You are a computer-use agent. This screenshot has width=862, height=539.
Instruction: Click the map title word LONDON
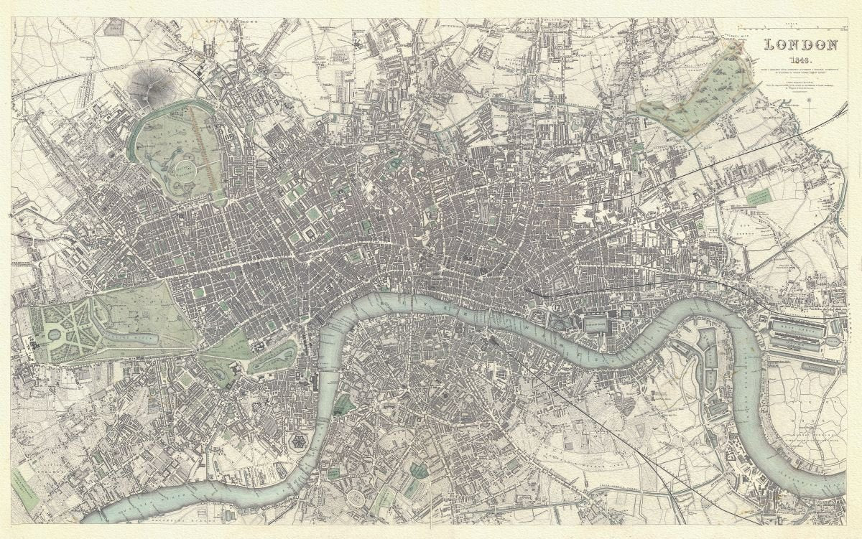(x=801, y=45)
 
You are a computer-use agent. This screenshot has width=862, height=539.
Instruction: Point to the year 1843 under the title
(x=801, y=60)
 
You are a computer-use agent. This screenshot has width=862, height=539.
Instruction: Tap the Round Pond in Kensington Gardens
(x=55, y=334)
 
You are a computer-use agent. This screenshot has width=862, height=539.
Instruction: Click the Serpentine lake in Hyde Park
(x=133, y=336)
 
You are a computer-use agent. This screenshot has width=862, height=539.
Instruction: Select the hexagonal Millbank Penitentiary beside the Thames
(x=296, y=442)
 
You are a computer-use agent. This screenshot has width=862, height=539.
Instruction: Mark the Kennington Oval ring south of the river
(x=356, y=497)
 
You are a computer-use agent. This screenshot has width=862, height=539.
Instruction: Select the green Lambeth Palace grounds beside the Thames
(x=343, y=406)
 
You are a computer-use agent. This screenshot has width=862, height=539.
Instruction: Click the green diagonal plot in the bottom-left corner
(x=25, y=489)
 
